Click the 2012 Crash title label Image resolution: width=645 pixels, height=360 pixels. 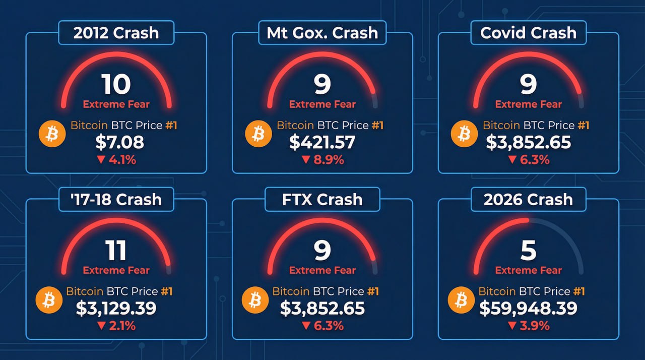(x=116, y=33)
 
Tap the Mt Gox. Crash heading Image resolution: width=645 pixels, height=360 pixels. (x=322, y=33)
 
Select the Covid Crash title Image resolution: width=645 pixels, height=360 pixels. (x=528, y=33)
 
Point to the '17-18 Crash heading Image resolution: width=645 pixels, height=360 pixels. (x=116, y=199)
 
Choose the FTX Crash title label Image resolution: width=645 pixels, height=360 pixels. (x=322, y=199)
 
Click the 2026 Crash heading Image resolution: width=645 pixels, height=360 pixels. (x=528, y=199)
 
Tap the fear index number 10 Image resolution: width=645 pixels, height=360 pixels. (x=116, y=85)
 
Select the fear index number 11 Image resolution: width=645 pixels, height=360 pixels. (x=116, y=251)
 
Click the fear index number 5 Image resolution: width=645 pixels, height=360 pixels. (x=528, y=251)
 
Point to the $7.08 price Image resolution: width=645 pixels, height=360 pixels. (x=119, y=143)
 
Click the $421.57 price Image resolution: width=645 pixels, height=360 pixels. (x=322, y=143)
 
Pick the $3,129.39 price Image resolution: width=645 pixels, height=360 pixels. (x=116, y=308)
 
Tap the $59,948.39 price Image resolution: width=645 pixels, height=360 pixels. (x=528, y=308)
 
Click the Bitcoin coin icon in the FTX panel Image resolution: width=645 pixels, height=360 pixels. (x=255, y=301)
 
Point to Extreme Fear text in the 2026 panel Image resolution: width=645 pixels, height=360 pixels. (x=528, y=270)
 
